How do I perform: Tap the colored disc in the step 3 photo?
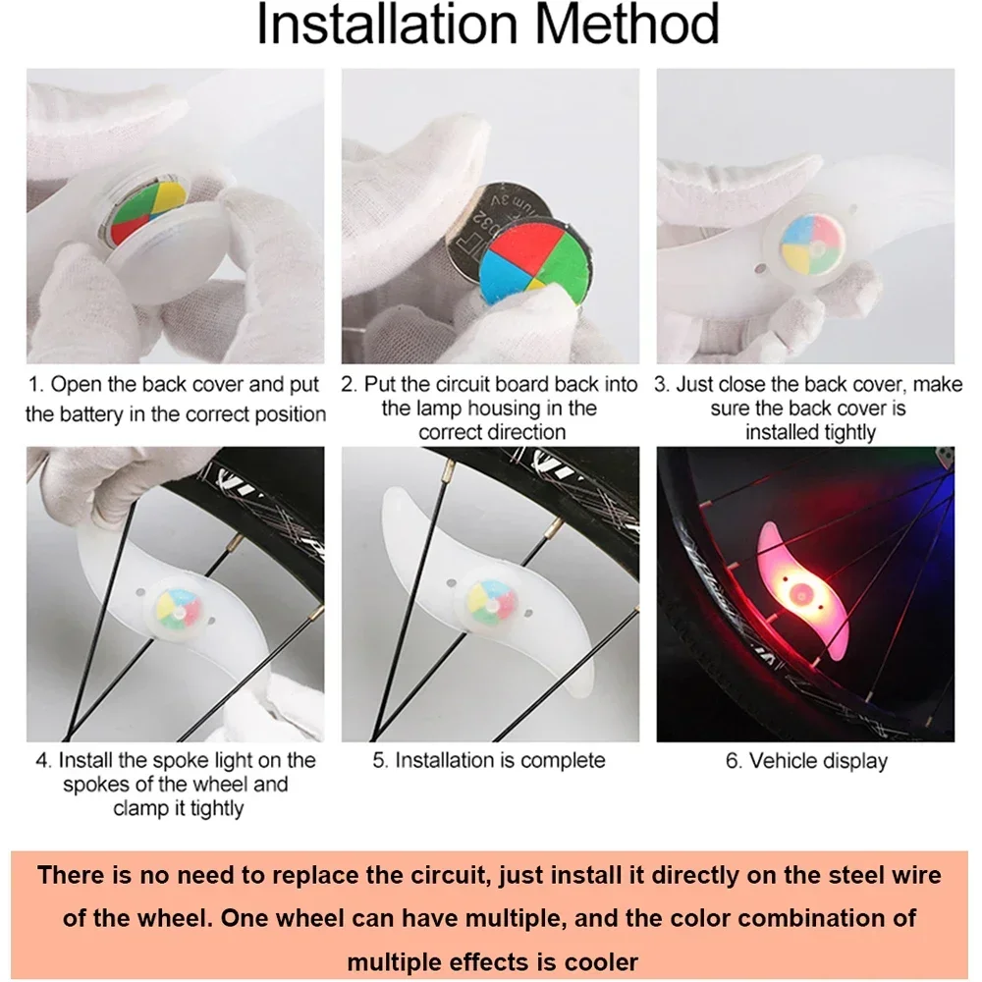click(813, 245)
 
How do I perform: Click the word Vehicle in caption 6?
click(783, 761)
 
